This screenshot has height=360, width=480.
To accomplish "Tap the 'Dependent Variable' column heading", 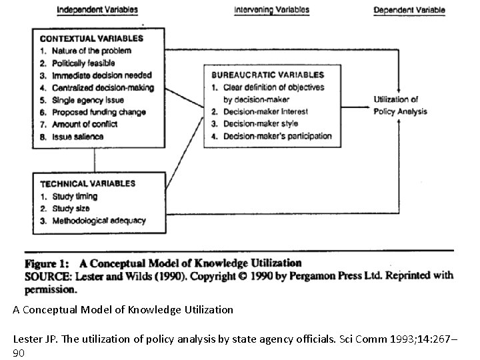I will coord(409,10).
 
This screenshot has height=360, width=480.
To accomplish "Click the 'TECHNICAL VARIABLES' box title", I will coord(87,183).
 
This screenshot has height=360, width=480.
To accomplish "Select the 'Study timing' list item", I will coord(75,196).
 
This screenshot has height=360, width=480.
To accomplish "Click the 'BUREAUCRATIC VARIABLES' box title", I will coord(267,75).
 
